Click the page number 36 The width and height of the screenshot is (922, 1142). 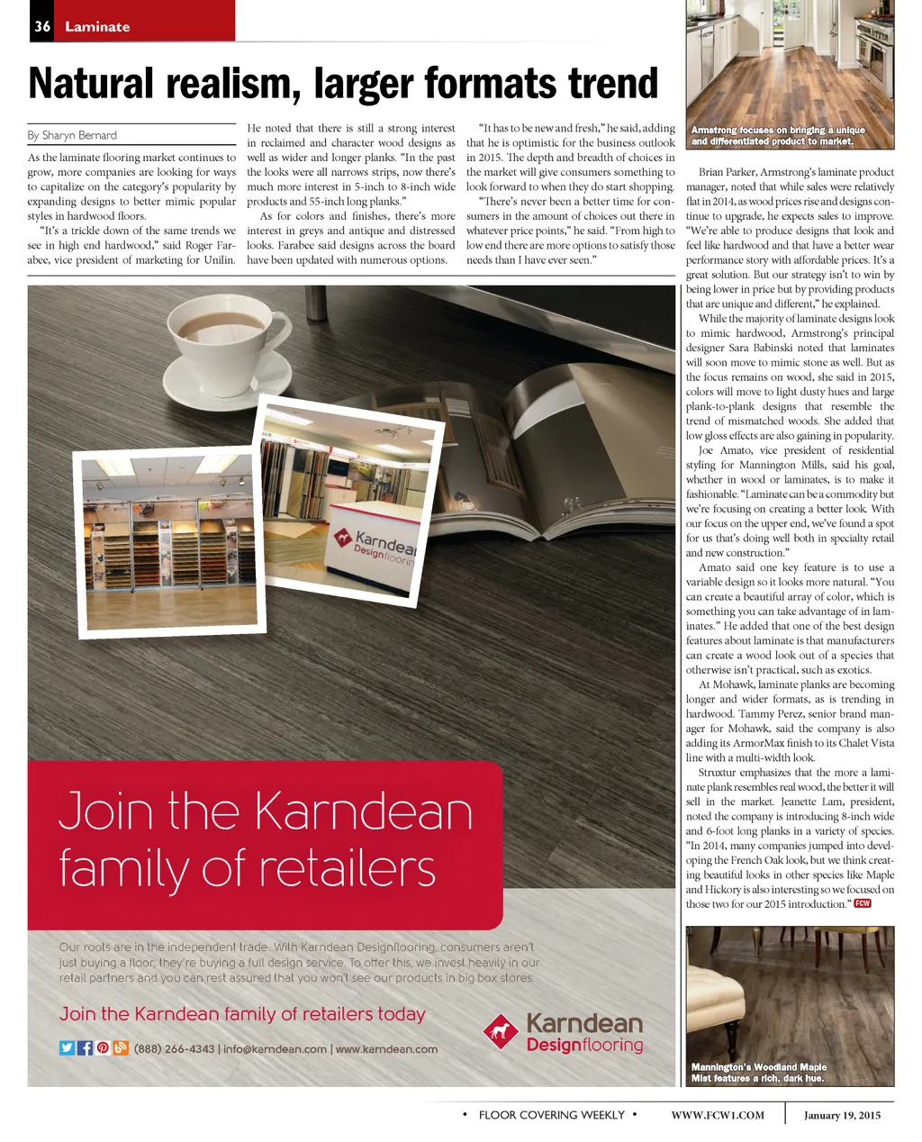tap(42, 26)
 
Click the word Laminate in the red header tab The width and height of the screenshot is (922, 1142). tap(97, 27)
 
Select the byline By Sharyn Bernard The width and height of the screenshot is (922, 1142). tap(72, 135)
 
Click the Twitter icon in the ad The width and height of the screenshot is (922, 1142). tap(67, 1047)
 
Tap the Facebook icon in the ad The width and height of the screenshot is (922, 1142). tap(86, 1047)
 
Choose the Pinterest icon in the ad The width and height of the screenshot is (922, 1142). tap(103, 1047)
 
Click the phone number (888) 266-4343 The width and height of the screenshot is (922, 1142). tap(175, 1048)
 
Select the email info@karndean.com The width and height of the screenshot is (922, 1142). tap(275, 1048)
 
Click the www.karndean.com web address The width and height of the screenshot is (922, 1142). tap(386, 1048)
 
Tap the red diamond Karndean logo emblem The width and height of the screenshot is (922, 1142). tap(500, 1032)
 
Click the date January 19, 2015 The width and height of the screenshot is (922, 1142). tap(842, 1115)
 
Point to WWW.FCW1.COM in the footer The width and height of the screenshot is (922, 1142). tap(718, 1115)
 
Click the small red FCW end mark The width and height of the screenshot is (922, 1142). tap(863, 903)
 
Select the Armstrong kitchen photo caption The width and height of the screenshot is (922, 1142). tap(778, 136)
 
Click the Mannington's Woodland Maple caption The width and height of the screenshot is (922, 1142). tap(758, 1072)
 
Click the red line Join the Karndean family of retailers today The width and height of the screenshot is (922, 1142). tap(242, 1014)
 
